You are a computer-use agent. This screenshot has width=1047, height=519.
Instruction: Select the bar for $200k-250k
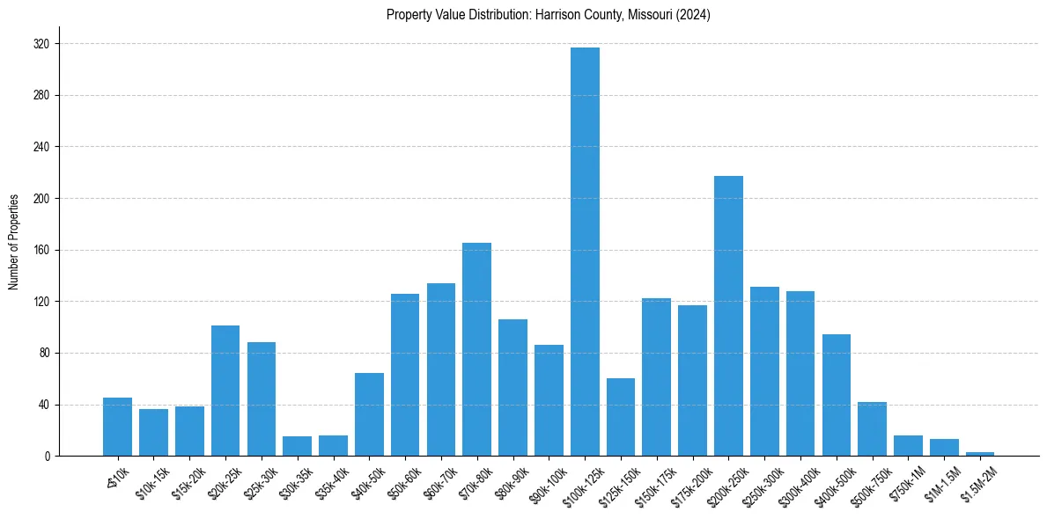(728, 316)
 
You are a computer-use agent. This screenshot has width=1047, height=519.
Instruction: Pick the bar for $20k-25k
(225, 391)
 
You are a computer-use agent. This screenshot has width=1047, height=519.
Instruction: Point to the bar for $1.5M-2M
(980, 454)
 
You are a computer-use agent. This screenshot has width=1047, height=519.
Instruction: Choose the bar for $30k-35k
(297, 446)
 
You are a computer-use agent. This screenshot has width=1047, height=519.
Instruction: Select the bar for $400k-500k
(836, 395)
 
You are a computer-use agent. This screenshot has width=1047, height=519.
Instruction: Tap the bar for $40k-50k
(369, 414)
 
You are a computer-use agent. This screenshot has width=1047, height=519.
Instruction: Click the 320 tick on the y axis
(41, 44)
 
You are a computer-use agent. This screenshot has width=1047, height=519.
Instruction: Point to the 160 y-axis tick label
(41, 250)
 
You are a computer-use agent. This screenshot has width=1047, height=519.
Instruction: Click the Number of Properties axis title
(13, 242)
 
